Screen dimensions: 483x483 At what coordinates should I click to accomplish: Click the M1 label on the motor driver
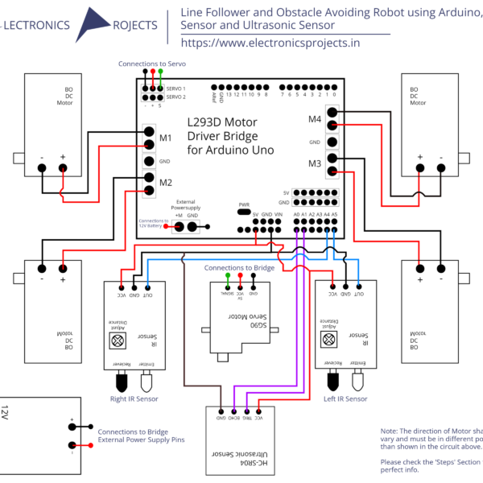165,138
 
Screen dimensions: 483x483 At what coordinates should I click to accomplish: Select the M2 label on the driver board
165,182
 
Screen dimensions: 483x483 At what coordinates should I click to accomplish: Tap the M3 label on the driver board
314,164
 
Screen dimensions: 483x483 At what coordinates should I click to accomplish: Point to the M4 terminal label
314,119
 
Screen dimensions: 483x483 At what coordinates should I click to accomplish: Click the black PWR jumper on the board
244,213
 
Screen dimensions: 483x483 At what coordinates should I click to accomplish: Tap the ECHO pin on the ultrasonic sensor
233,407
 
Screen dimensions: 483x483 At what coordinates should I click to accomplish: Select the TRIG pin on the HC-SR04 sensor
246,407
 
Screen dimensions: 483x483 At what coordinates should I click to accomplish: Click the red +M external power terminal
179,226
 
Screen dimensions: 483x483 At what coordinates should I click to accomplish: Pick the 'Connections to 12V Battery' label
153,223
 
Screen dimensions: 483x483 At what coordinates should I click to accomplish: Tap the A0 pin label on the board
297,214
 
